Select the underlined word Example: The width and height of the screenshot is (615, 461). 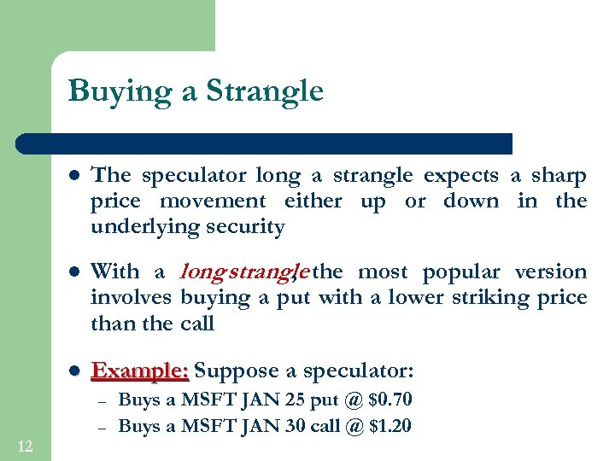click(140, 371)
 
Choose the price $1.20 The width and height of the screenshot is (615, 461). click(389, 426)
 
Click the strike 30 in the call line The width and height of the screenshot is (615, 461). click(275, 426)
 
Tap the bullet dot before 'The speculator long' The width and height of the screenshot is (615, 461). click(74, 177)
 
